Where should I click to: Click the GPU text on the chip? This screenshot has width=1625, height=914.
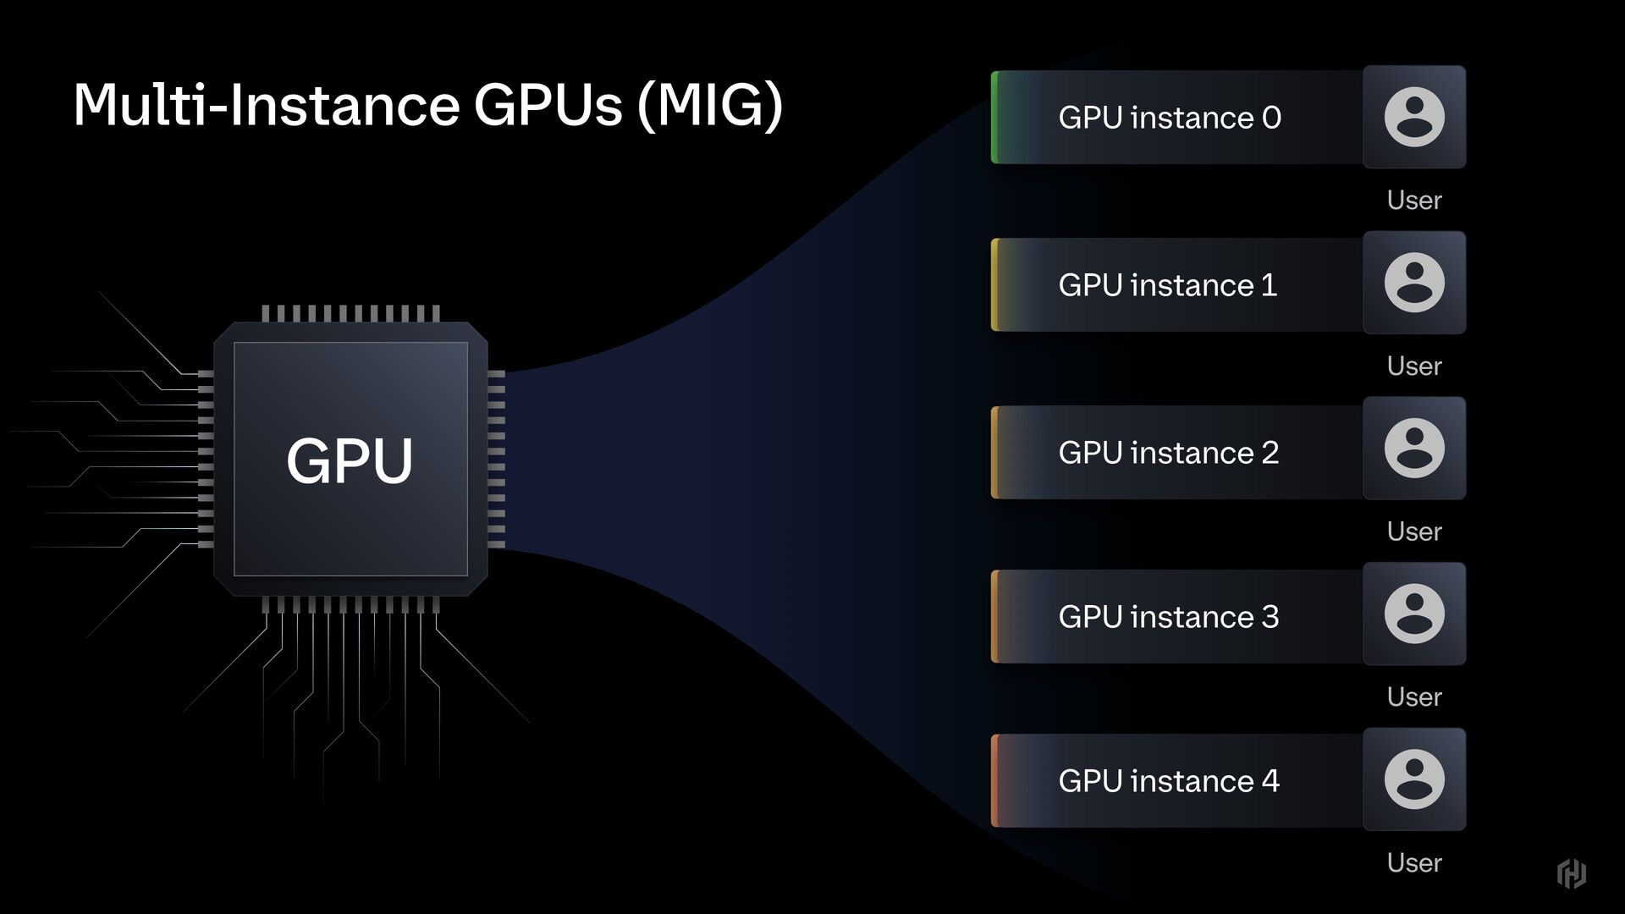pyautogui.click(x=350, y=460)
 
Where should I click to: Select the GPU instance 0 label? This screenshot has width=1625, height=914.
pyautogui.click(x=1170, y=118)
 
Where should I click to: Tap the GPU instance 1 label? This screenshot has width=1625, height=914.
pyautogui.click(x=1167, y=285)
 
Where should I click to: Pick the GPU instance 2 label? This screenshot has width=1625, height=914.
pyautogui.click(x=1168, y=453)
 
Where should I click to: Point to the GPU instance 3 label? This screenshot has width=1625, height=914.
pyautogui.click(x=1168, y=617)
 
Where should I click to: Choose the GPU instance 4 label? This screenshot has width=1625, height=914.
pyautogui.click(x=1168, y=781)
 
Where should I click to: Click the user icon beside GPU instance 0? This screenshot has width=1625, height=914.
pyautogui.click(x=1414, y=117)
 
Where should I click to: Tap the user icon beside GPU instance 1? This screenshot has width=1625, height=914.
pyautogui.click(x=1414, y=283)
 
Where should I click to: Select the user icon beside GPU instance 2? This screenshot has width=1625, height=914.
pyautogui.click(x=1414, y=449)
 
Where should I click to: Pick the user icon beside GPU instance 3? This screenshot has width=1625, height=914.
pyautogui.click(x=1414, y=614)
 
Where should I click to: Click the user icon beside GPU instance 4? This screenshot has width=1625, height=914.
pyautogui.click(x=1414, y=779)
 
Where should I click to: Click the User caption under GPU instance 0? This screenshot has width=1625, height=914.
pyautogui.click(x=1413, y=201)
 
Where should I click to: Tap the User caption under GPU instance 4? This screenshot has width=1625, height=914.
pyautogui.click(x=1413, y=863)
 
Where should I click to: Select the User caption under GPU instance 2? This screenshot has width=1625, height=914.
pyautogui.click(x=1413, y=531)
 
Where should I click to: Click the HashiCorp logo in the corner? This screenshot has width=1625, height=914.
pyautogui.click(x=1571, y=873)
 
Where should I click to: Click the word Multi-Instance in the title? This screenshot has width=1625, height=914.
pyautogui.click(x=266, y=105)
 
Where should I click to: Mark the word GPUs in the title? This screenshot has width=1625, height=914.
pyautogui.click(x=548, y=105)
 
